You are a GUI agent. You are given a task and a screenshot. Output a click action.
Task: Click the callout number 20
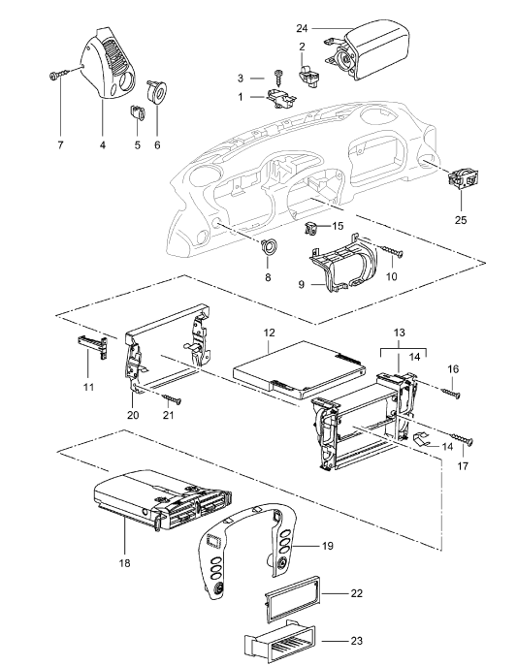(x=132, y=414)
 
